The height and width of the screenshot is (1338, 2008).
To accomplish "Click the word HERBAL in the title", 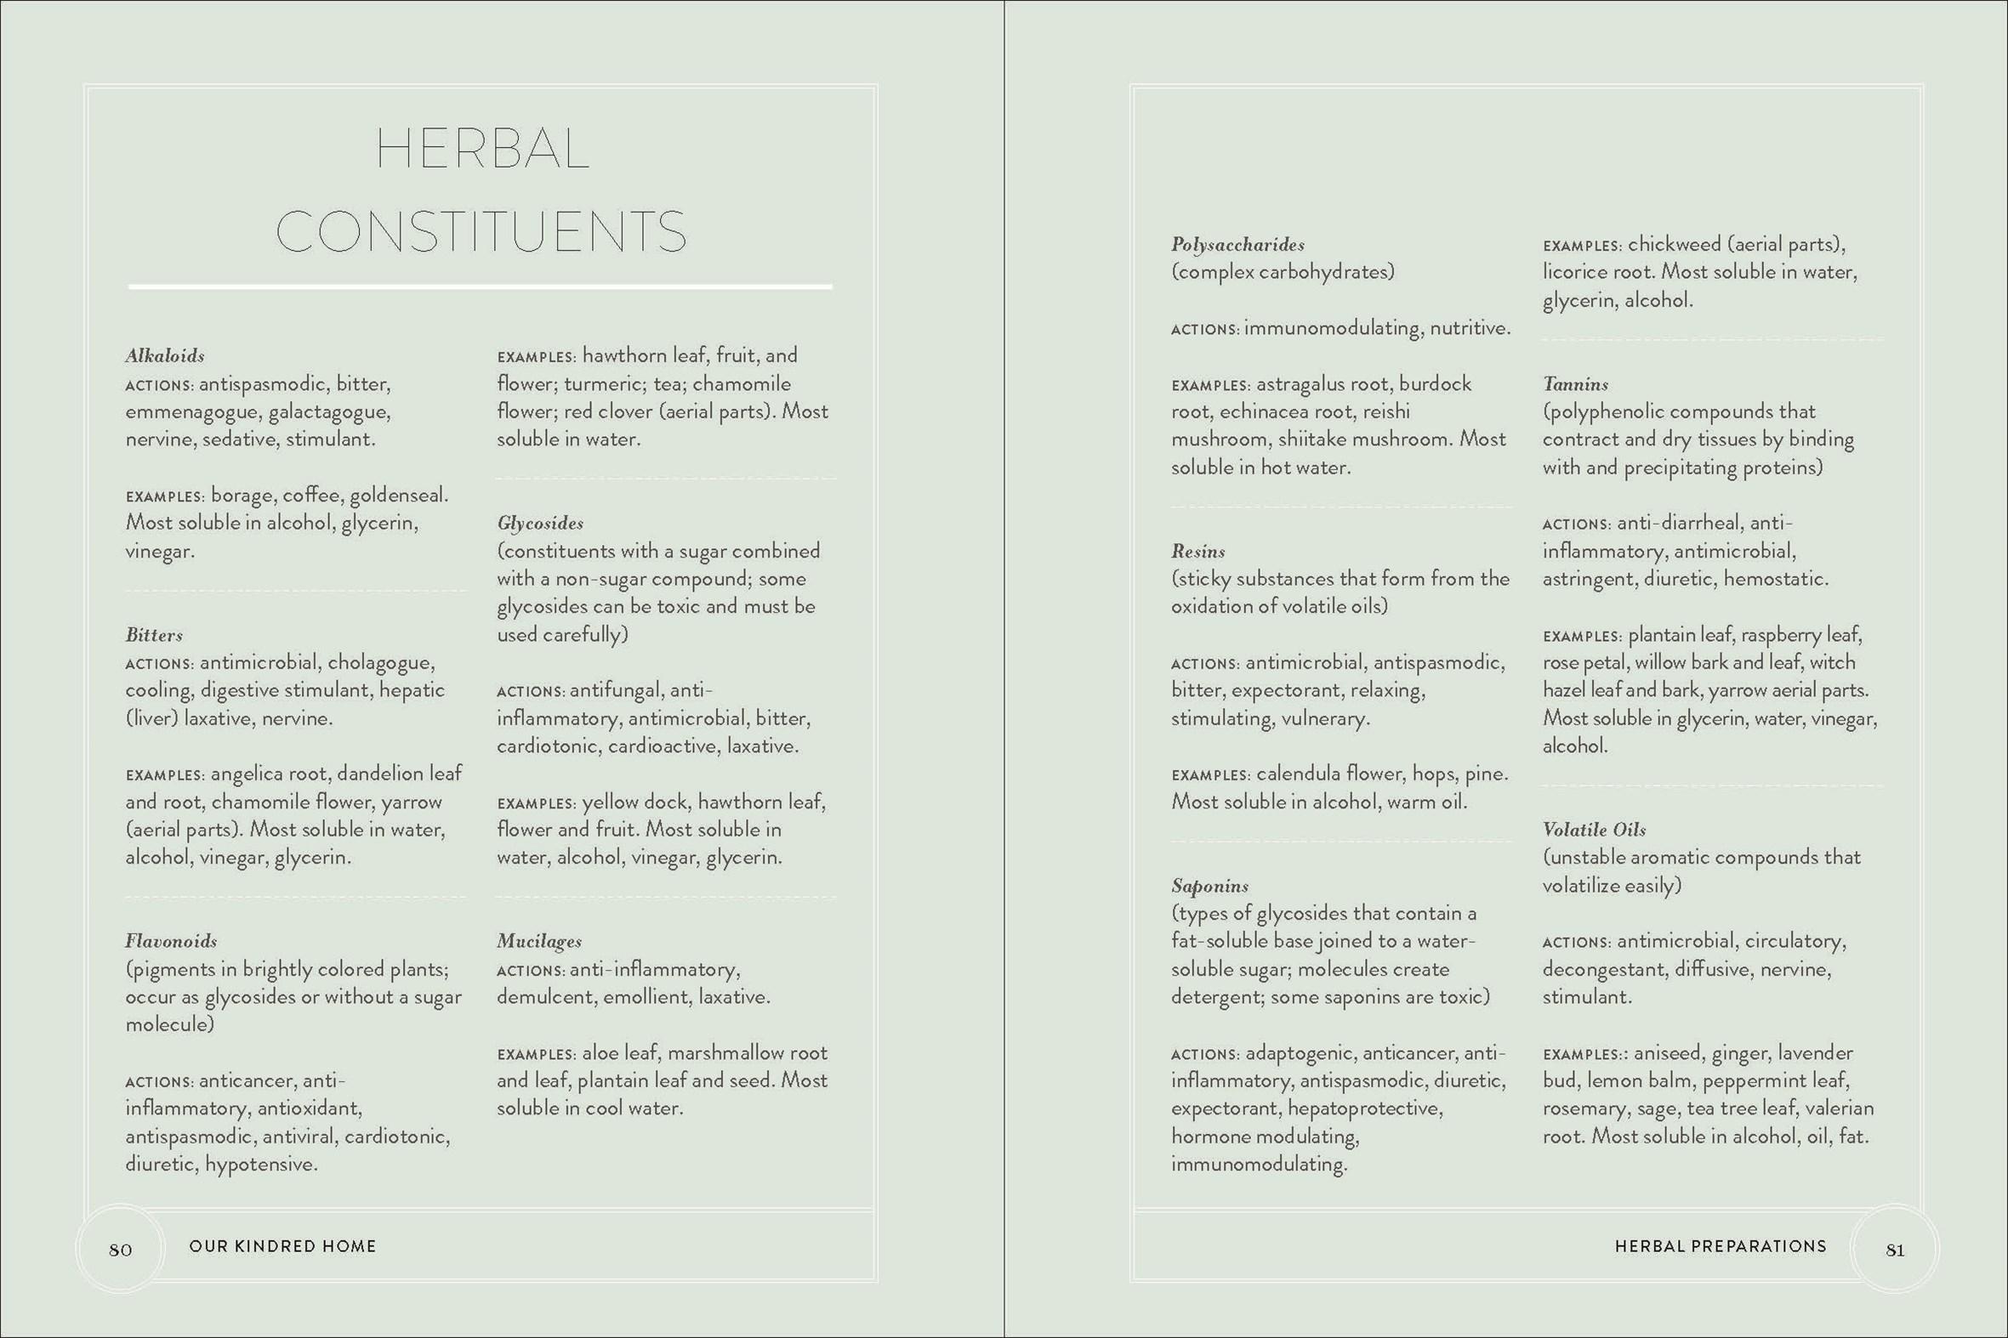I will click(x=482, y=149).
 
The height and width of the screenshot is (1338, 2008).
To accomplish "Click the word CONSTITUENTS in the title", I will click(x=481, y=231).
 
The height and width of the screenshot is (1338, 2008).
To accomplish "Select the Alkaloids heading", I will click(x=165, y=355).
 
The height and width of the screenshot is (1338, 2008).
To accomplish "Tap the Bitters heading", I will click(x=154, y=635).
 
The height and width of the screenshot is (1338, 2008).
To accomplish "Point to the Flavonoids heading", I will click(x=171, y=941).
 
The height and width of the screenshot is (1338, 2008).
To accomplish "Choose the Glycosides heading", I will click(x=540, y=523).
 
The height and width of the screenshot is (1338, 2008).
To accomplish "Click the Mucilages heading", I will click(x=538, y=941).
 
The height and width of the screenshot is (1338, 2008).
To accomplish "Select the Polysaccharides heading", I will click(x=1237, y=245).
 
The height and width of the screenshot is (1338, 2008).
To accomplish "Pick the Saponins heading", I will click(x=1209, y=886).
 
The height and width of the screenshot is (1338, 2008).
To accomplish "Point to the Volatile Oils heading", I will click(x=1593, y=830).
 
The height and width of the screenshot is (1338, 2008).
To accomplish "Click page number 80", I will click(x=121, y=1250).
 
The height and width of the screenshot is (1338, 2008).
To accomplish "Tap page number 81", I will click(x=1894, y=1250).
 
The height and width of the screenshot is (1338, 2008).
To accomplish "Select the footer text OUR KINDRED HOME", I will click(x=282, y=1246).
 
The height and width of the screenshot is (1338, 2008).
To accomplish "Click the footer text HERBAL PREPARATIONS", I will click(x=1720, y=1246).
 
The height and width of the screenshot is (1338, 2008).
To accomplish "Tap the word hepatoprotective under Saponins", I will click(x=1364, y=1108).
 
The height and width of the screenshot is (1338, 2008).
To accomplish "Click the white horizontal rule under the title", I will click(x=480, y=286).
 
